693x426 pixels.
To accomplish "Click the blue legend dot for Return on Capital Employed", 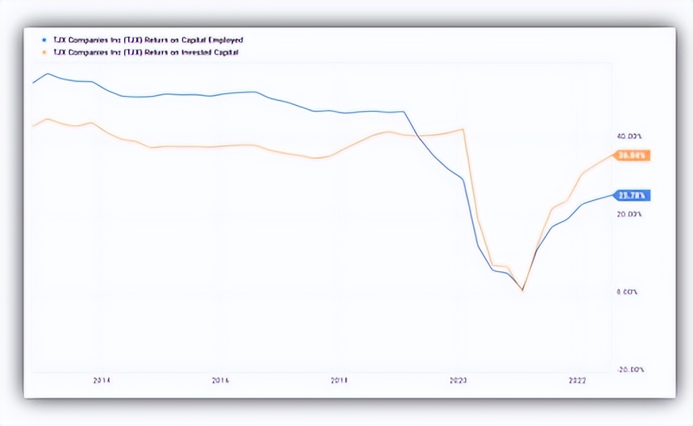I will pos(44,40).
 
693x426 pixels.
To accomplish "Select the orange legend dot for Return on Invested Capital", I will pos(44,52).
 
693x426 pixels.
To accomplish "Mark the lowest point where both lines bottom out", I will pos(522,290).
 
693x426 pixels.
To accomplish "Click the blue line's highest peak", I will pos(47,73).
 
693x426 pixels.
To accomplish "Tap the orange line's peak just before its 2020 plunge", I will pos(462,129).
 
